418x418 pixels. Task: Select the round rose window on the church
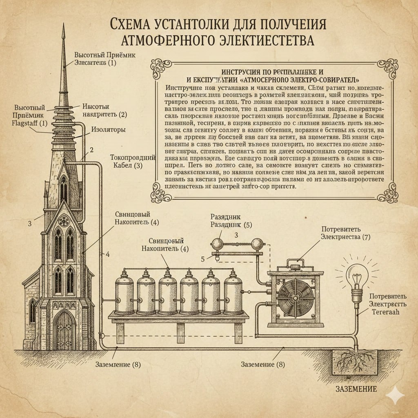click(64, 221)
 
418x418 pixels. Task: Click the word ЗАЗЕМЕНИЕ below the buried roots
click(356, 389)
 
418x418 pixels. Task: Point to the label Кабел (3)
click(127, 165)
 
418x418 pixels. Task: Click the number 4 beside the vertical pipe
click(107, 254)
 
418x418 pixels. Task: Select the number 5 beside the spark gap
click(202, 258)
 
